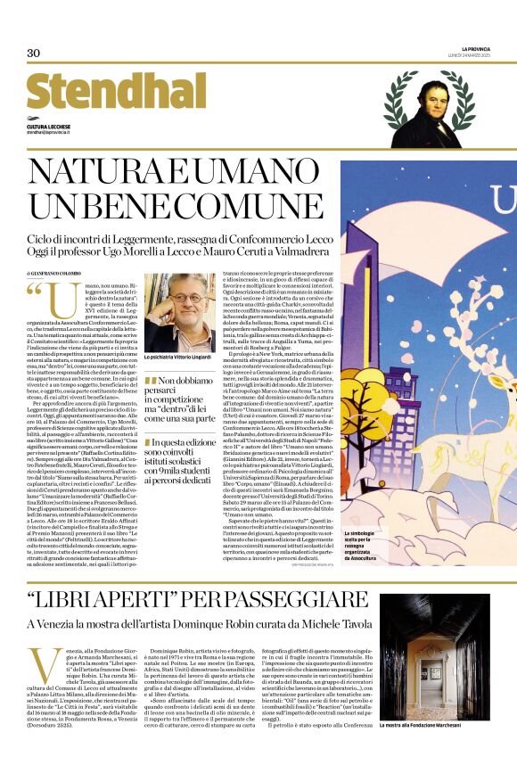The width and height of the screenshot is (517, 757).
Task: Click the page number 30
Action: tap(34, 53)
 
